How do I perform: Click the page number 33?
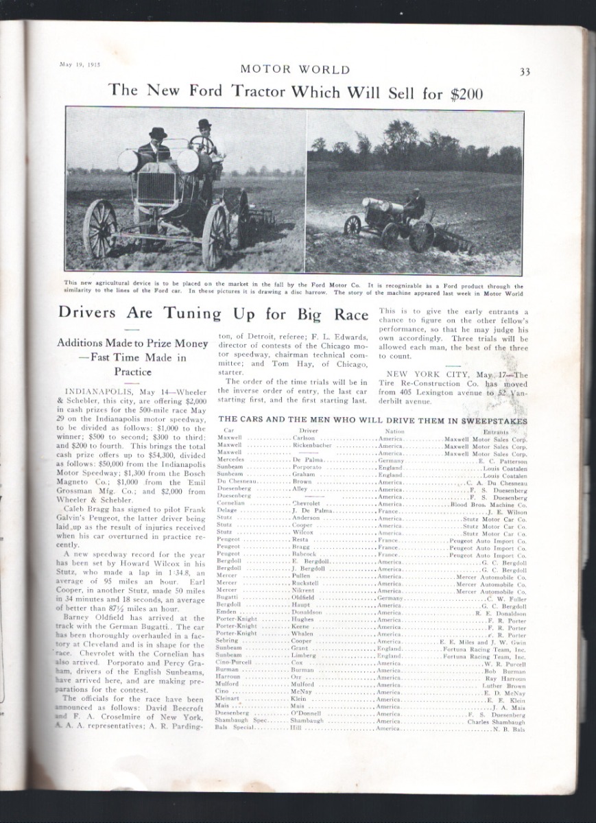point(525,71)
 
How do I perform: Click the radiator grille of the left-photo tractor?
point(156,187)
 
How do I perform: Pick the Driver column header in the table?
point(309,430)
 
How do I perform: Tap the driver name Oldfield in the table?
point(304,598)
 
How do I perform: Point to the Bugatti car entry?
point(228,598)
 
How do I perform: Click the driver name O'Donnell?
point(307,714)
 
